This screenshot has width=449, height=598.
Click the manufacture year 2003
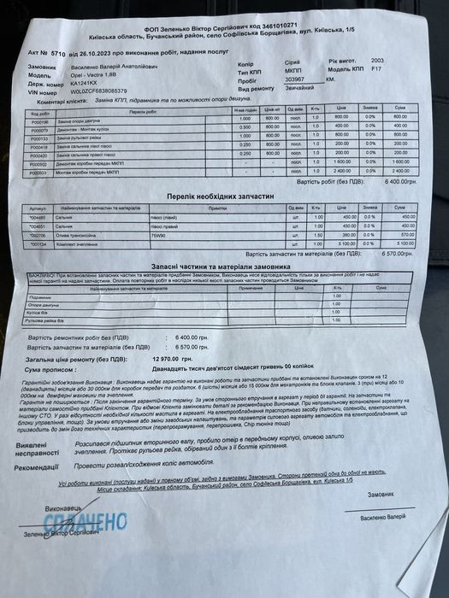(x=378, y=60)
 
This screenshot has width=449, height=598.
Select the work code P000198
(x=40, y=120)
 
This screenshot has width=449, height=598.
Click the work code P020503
(x=40, y=172)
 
